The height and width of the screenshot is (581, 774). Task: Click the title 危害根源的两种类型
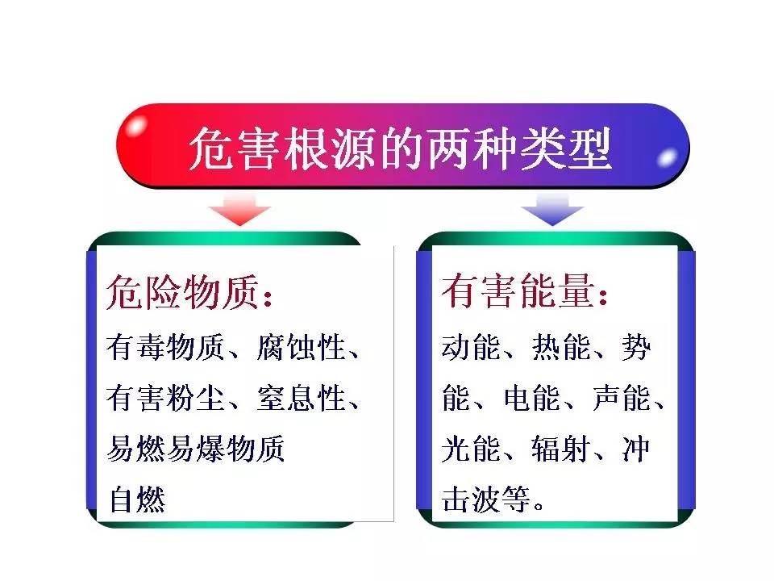click(401, 149)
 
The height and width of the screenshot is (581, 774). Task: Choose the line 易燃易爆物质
click(196, 449)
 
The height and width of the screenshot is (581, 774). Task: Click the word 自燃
click(136, 499)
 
